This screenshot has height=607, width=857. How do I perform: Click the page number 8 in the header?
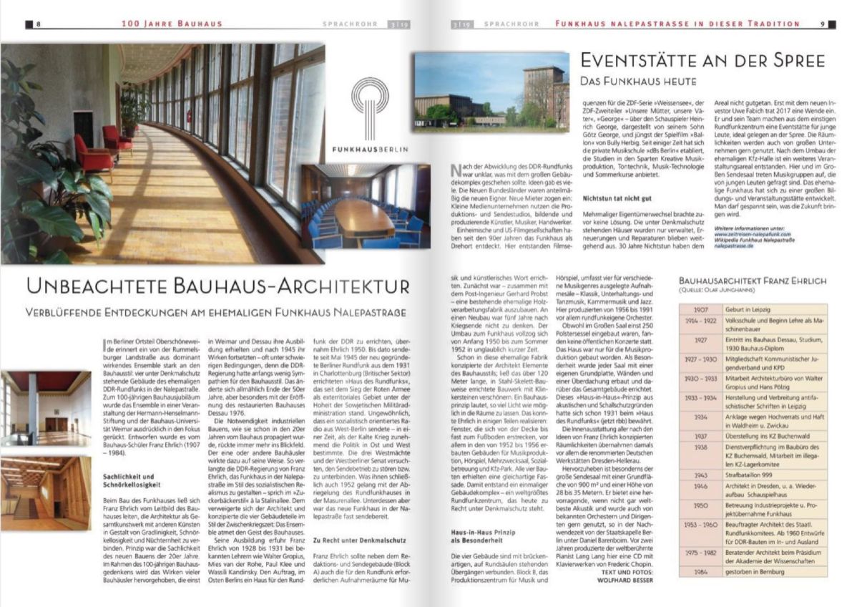37,24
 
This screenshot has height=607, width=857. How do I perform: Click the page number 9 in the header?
823,24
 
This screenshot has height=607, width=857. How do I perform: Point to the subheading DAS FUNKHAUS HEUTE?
648,82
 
